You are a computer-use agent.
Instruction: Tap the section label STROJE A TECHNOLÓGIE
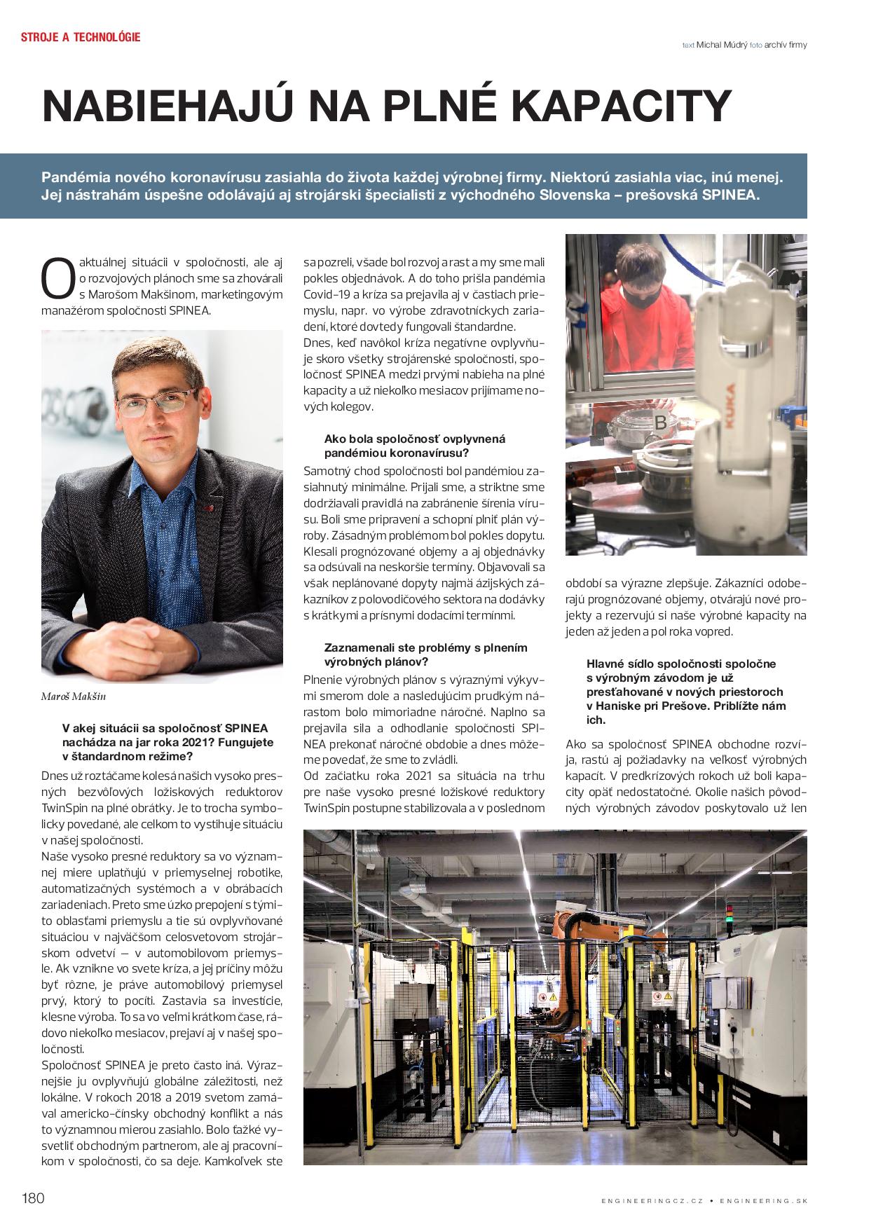click(x=81, y=37)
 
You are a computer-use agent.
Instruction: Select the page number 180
click(x=33, y=1197)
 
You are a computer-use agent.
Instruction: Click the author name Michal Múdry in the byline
click(x=721, y=45)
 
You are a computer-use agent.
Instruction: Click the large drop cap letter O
click(x=57, y=278)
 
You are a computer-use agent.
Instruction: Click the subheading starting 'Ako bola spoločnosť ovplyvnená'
click(x=414, y=446)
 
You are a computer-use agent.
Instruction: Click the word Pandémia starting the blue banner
click(x=76, y=177)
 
